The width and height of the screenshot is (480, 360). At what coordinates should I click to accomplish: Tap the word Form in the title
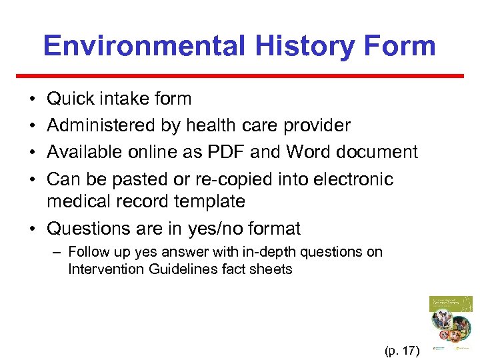[x=405, y=45]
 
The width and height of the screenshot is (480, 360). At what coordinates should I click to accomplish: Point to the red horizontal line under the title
[x=240, y=76]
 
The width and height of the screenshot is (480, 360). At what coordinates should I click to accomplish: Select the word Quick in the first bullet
[x=71, y=99]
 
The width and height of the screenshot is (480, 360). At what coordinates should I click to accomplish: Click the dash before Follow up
[x=59, y=252]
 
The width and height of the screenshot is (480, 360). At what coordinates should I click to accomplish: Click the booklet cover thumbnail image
[x=451, y=323]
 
